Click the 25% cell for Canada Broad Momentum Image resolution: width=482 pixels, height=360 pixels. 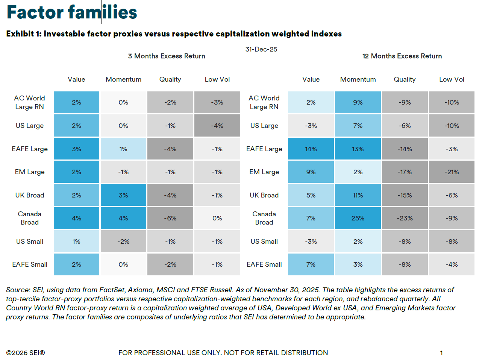point(358,218)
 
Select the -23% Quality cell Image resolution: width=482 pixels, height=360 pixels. point(405,218)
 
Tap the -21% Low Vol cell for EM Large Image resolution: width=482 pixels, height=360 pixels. point(452,172)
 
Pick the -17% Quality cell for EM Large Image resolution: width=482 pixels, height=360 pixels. point(405,172)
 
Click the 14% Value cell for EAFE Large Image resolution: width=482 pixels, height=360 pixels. point(311,149)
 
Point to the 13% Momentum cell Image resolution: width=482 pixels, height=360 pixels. point(358,149)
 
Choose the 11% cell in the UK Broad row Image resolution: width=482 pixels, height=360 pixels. point(358,195)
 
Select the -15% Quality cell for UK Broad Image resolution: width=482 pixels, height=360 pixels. point(405,195)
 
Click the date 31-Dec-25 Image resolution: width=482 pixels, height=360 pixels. point(261,49)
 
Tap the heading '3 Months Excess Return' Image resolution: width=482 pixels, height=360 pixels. point(167,56)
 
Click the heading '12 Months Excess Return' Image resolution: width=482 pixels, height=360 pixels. point(402,56)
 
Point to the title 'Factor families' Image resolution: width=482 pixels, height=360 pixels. point(72,12)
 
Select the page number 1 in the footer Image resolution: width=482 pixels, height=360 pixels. point(441,353)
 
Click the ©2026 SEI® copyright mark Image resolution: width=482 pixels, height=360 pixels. point(26,353)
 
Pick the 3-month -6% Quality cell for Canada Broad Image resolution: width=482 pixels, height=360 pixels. point(170,218)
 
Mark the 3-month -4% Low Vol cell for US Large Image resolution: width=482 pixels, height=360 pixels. point(217,126)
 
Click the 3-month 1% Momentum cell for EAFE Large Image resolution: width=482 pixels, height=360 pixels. point(123,149)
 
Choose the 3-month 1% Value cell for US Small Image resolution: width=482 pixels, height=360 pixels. point(76,242)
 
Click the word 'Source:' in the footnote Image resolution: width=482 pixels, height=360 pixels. point(18,290)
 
